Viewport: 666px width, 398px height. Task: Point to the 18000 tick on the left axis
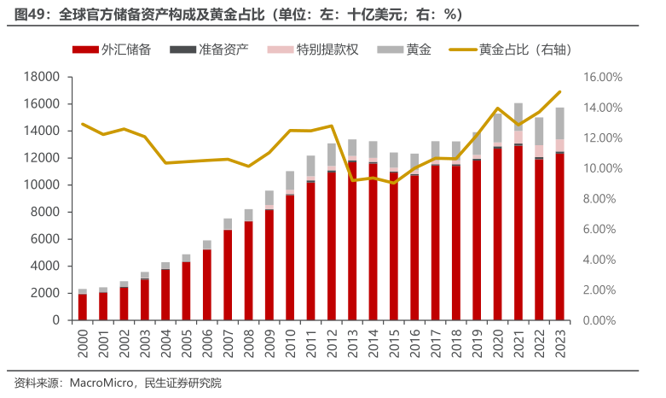coord(40,78)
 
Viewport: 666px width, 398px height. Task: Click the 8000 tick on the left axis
coord(43,213)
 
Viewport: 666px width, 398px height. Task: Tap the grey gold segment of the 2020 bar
coord(497,128)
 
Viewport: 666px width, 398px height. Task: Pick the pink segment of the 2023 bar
coord(559,145)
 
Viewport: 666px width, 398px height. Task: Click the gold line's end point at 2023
coord(559,92)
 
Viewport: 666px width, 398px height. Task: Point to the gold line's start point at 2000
coord(83,124)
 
